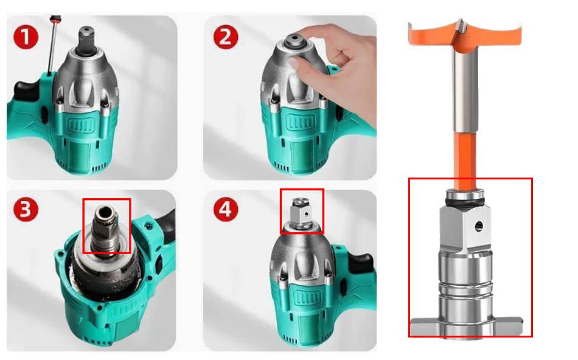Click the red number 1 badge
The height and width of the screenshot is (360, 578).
coord(26,37)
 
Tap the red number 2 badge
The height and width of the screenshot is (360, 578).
coord(226,37)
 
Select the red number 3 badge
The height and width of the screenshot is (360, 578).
coord(26,209)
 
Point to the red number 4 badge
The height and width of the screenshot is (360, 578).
coord(226,209)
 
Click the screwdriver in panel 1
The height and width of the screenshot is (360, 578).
coord(54,44)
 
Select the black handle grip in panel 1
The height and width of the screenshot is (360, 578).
coord(25,90)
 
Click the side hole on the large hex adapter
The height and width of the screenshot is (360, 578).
coord(478,226)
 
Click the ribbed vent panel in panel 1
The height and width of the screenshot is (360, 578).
coord(81,125)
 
